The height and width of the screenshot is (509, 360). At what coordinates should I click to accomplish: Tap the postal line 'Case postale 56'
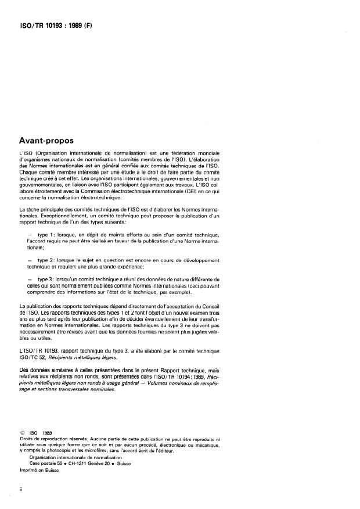click(x=46, y=463)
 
